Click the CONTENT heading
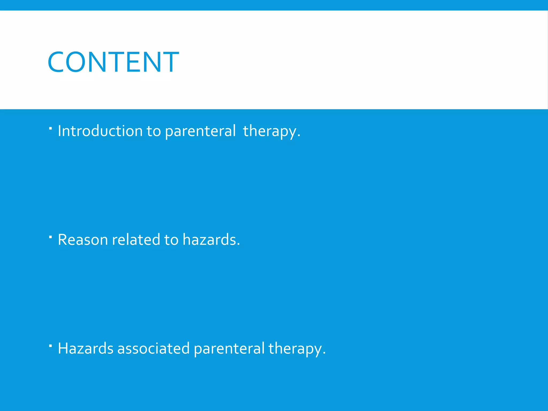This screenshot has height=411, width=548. pyautogui.click(x=113, y=62)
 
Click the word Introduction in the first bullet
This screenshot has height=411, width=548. pyautogui.click(x=100, y=131)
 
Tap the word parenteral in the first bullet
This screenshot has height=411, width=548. pyautogui.click(x=200, y=131)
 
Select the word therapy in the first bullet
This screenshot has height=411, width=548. pyautogui.click(x=270, y=131)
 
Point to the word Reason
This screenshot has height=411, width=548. pyautogui.click(x=83, y=239)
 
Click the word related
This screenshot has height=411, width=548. pyautogui.click(x=136, y=239)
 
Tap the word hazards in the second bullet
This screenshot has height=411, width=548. pyautogui.click(x=209, y=239)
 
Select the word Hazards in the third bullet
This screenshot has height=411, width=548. pyautogui.click(x=85, y=348)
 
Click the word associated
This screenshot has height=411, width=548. pyautogui.click(x=153, y=348)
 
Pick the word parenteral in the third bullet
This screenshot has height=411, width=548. pyautogui.click(x=229, y=348)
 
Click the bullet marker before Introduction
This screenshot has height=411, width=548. pyautogui.click(x=50, y=128)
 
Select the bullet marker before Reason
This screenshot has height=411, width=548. pyautogui.click(x=50, y=237)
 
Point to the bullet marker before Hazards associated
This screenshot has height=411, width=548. pyautogui.click(x=50, y=346)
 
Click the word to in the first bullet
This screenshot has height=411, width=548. pyautogui.click(x=154, y=131)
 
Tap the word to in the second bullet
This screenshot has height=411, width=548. pyautogui.click(x=171, y=239)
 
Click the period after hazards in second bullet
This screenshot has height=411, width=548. pyautogui.click(x=238, y=245)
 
